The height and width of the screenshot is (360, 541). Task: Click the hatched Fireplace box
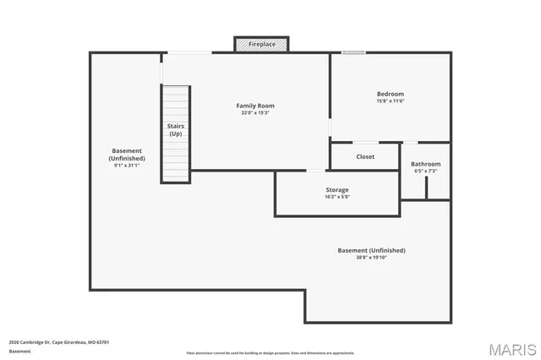(261, 44)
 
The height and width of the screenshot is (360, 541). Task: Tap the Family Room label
(254, 106)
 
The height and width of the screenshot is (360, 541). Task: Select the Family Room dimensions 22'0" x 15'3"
(254, 113)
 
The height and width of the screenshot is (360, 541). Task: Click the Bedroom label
(390, 94)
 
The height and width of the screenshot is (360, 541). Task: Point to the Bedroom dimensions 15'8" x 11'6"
(390, 101)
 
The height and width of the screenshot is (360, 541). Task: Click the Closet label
(365, 156)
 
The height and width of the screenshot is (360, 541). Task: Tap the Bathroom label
(425, 164)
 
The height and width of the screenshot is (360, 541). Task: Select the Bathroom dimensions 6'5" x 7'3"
(425, 172)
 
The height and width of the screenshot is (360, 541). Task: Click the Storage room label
(337, 189)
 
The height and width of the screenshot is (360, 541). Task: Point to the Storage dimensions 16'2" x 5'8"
(337, 197)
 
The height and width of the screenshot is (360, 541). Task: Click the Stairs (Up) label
(176, 129)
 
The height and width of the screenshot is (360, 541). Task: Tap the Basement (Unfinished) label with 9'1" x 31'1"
(126, 155)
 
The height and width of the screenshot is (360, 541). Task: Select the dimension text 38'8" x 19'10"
(371, 258)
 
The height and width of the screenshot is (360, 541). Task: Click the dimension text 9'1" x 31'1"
(126, 166)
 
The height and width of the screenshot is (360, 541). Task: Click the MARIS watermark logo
(511, 349)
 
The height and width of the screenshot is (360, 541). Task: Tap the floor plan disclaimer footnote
(270, 353)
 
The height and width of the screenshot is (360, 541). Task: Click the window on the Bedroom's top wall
(353, 53)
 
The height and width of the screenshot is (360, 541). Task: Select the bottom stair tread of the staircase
(176, 177)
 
